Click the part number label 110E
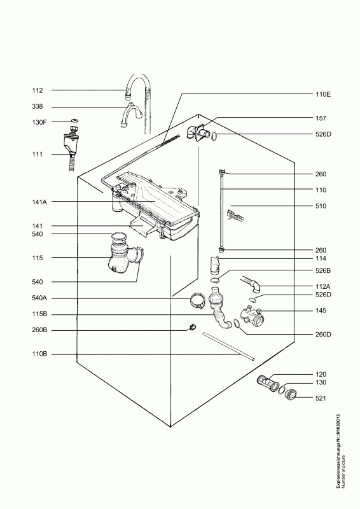(x=322, y=94)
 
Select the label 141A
(x=39, y=202)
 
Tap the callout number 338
(x=38, y=107)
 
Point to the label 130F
(x=39, y=122)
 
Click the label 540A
(x=39, y=298)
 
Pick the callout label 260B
(x=39, y=330)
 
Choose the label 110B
(x=39, y=354)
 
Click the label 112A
(x=322, y=287)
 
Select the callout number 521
(x=321, y=398)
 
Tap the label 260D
(x=323, y=335)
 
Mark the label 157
(x=321, y=118)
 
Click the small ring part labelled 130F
(x=74, y=121)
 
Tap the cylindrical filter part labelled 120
(x=268, y=383)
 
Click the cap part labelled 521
(x=291, y=395)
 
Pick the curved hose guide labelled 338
(x=130, y=115)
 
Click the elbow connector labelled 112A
(x=252, y=282)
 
